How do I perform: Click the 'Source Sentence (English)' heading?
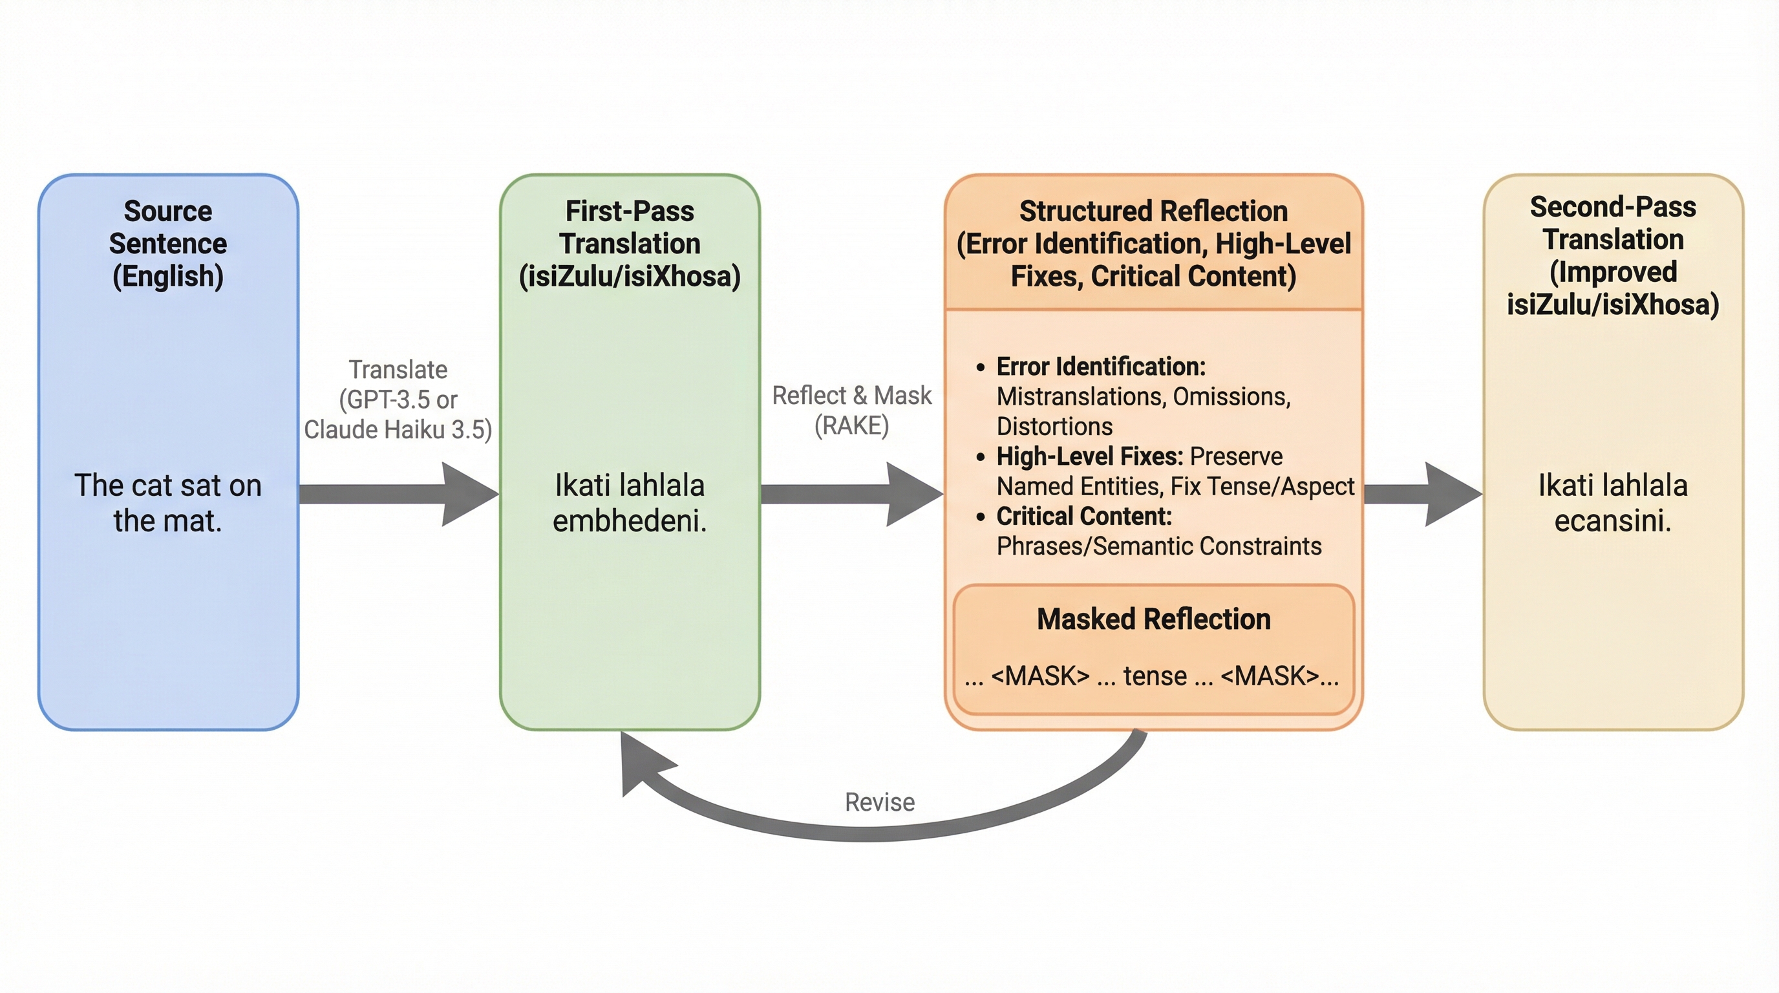click(x=168, y=243)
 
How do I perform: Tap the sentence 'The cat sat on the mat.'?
click(x=168, y=503)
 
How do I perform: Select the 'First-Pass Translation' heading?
click(x=630, y=227)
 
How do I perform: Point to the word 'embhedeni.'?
click(x=630, y=520)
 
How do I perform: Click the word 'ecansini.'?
click(x=1613, y=520)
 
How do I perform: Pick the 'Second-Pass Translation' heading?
click(x=1613, y=223)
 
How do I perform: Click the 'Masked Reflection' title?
click(x=1153, y=619)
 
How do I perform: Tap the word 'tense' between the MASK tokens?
click(x=1155, y=676)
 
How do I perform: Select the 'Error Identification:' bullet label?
click(x=1101, y=367)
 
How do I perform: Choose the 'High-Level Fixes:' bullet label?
click(x=1090, y=456)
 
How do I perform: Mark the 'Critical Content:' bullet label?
click(x=1084, y=517)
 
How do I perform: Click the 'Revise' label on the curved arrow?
click(x=880, y=802)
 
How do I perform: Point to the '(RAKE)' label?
click(x=851, y=425)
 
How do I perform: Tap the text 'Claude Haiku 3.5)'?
click(x=398, y=429)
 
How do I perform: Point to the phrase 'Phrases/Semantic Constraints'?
click(x=1159, y=546)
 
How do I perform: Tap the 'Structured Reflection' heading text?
click(x=1153, y=211)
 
